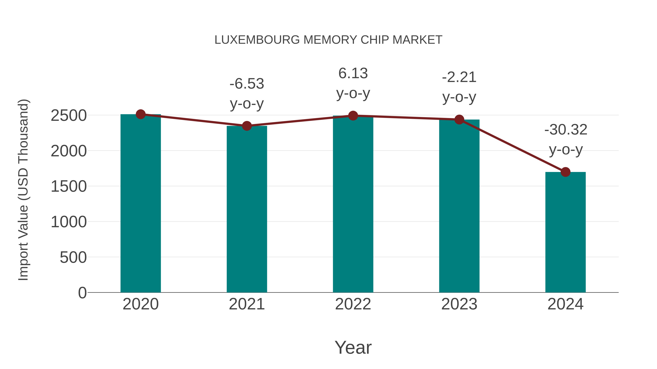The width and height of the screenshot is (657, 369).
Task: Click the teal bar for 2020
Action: pos(141,204)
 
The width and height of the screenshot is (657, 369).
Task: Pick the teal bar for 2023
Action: pos(459,206)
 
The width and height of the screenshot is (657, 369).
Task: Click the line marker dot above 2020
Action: pos(141,114)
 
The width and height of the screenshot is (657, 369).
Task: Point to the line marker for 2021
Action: pos(247,126)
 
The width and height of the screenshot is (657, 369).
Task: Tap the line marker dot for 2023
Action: pos(459,119)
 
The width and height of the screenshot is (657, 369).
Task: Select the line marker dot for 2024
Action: pos(565,172)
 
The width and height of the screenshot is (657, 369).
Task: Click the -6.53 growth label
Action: pos(247,84)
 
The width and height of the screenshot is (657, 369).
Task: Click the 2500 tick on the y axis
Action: pos(69,116)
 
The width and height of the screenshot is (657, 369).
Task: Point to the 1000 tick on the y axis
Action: pos(69,222)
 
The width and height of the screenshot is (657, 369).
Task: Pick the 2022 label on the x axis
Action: pos(353,304)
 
